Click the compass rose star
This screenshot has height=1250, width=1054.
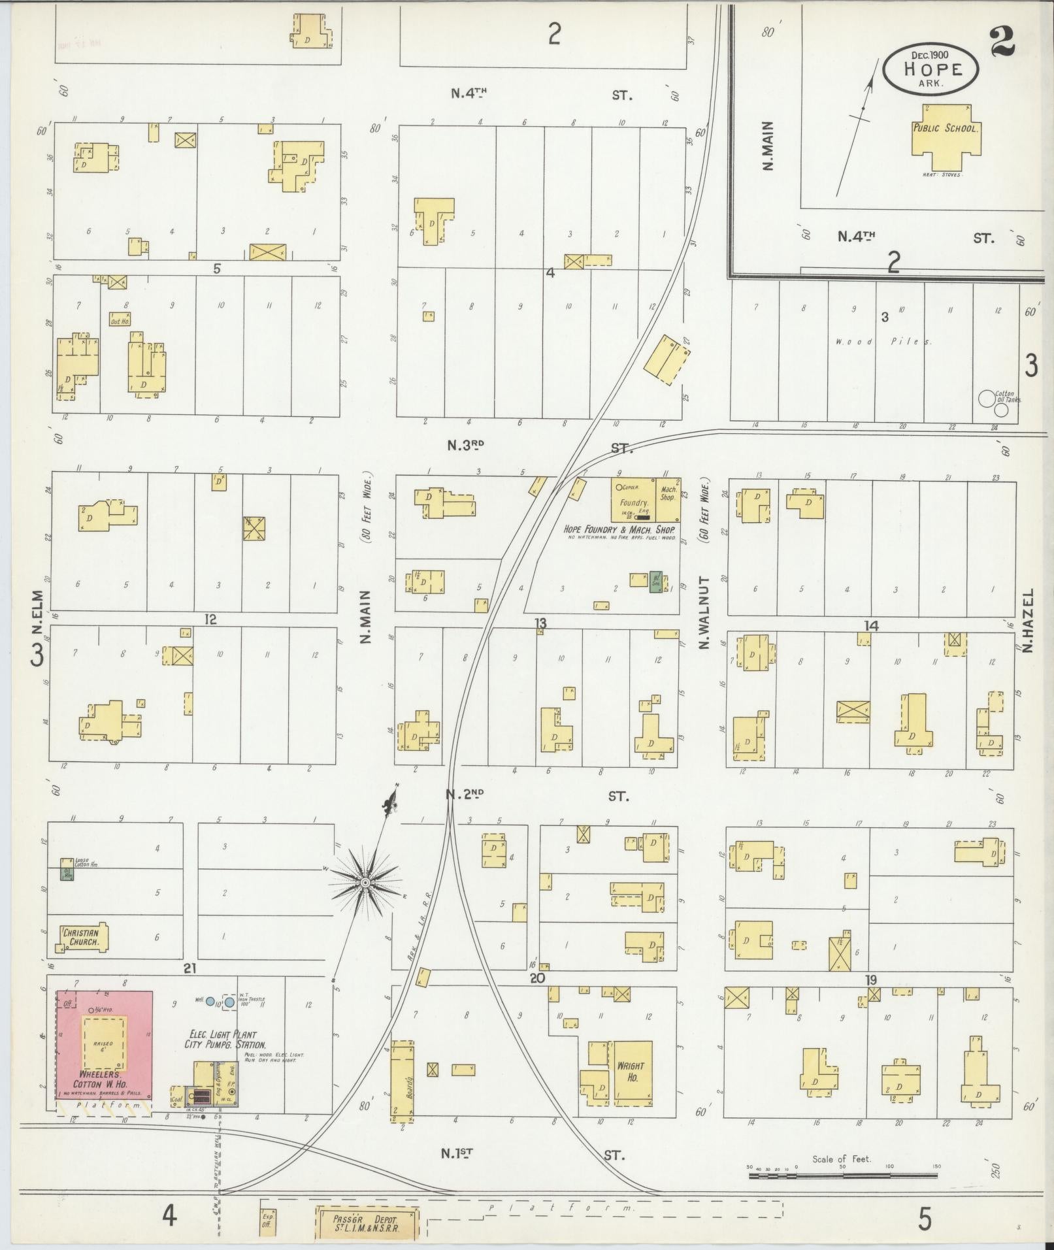tap(365, 883)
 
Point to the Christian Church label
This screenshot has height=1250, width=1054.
tap(80, 938)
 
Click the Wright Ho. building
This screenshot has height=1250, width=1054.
tap(632, 1073)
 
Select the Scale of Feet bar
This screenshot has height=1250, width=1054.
tap(843, 1176)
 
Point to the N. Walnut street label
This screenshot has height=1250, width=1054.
tap(704, 613)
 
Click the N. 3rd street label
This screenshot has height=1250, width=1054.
tap(465, 446)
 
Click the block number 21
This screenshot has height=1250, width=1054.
tap(189, 968)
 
